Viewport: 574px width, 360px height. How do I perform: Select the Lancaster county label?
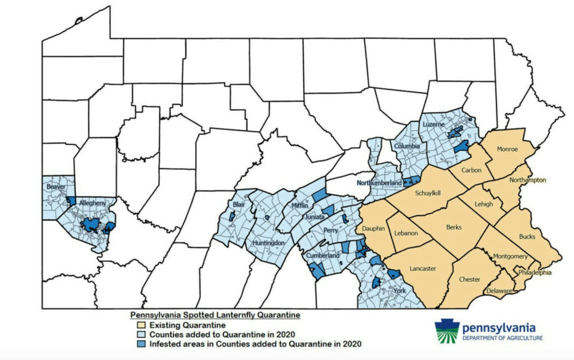pyautogui.click(x=423, y=269)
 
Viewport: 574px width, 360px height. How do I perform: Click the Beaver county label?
pyautogui.click(x=57, y=186)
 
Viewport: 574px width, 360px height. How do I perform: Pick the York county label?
pyautogui.click(x=399, y=290)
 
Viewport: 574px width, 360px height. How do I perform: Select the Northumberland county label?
pyautogui.click(x=379, y=183)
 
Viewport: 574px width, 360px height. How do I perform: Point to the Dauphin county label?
pyautogui.click(x=373, y=229)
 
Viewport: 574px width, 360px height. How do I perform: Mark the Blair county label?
pyautogui.click(x=239, y=205)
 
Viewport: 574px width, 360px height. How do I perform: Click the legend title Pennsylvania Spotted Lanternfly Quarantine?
pyautogui.click(x=215, y=315)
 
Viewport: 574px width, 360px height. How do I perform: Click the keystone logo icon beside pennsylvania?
pyautogui.click(x=447, y=331)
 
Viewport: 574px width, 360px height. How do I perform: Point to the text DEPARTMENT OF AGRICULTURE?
pyautogui.click(x=502, y=338)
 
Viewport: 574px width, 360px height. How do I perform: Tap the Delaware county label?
pyautogui.click(x=499, y=291)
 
